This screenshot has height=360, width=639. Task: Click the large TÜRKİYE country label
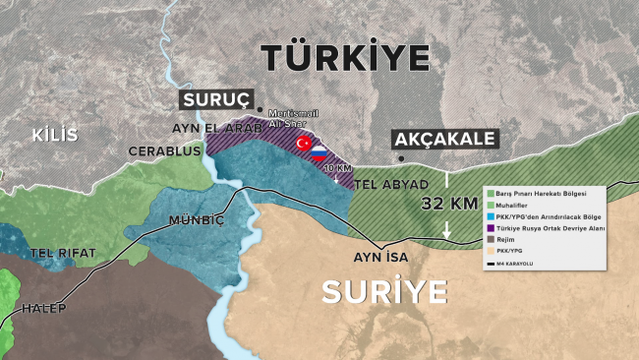tap(347, 56)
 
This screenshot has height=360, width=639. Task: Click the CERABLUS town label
tap(164, 151)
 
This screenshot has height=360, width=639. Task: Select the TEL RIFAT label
tap(63, 253)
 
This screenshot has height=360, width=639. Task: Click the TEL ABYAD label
tap(389, 185)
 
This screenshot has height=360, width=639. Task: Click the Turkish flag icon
tap(304, 145)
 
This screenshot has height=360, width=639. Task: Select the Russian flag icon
tap(319, 152)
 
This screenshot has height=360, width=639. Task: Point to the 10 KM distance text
tap(337, 168)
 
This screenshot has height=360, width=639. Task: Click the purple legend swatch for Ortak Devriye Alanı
tap(488, 228)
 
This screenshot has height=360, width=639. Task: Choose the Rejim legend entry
tap(510, 239)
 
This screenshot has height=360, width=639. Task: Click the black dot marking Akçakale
tap(400, 157)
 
